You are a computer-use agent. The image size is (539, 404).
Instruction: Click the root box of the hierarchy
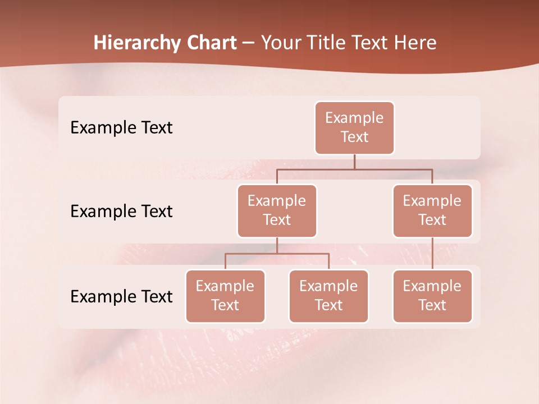tap(354, 127)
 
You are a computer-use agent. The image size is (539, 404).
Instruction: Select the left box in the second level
tap(277, 210)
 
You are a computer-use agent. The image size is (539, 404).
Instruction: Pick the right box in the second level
tap(432, 210)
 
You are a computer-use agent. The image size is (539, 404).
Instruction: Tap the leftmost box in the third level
tap(225, 296)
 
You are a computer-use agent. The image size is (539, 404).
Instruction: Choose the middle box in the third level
tap(328, 296)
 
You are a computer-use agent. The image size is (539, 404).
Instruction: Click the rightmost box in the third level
tap(432, 296)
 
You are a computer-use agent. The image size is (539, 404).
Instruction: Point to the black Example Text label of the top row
tap(121, 128)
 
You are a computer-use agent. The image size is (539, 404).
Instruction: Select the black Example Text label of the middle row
tap(121, 212)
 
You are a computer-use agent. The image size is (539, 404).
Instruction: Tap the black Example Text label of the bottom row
tap(121, 297)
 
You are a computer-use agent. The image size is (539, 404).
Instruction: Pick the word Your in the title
tap(281, 43)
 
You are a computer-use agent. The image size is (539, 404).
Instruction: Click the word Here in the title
tap(415, 43)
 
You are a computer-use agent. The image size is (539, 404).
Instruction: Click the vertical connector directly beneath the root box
tap(354, 162)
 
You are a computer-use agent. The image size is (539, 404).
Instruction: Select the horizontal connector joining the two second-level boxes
tap(354, 168)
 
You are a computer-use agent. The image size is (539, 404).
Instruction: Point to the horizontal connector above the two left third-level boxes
tap(277, 254)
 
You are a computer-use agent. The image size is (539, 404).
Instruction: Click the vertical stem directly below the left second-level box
tap(277, 245)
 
